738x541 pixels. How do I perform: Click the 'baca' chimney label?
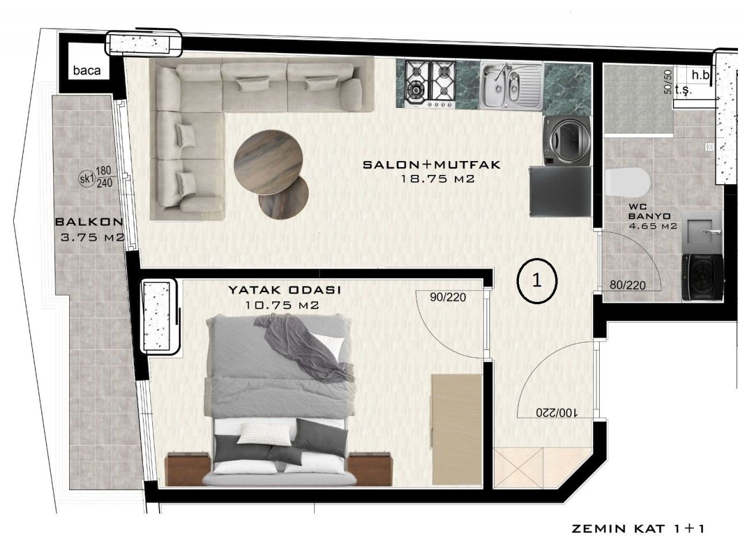click(x=87, y=71)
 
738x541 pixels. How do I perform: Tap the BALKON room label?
click(x=89, y=221)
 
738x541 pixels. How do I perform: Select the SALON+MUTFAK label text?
click(x=432, y=165)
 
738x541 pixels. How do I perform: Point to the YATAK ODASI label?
click(x=284, y=289)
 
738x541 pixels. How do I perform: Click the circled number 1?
click(x=537, y=280)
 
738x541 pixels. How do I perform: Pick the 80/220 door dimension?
click(x=627, y=285)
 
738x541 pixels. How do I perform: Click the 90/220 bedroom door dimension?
click(x=448, y=297)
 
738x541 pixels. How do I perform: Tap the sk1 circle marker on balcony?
click(x=86, y=178)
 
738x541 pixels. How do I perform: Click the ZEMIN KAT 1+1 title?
click(x=638, y=528)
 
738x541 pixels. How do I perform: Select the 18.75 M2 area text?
click(x=438, y=179)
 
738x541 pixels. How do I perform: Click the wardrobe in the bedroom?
click(x=457, y=430)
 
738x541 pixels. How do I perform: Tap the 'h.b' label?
click(x=701, y=74)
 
